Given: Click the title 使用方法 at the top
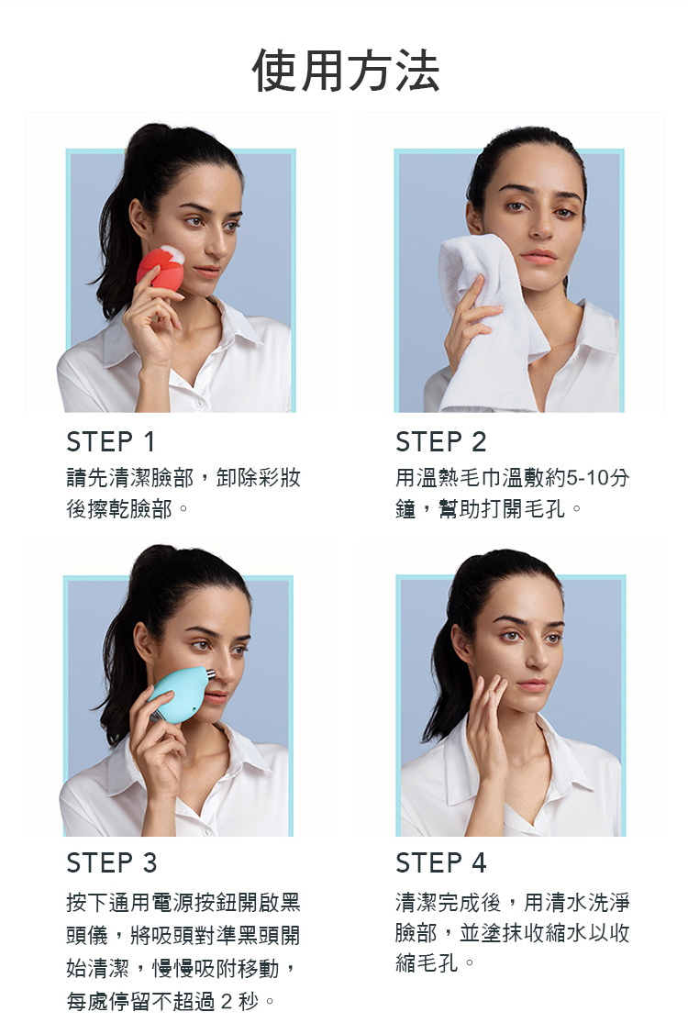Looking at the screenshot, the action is click(x=345, y=71).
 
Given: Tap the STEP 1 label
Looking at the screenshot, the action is click(x=111, y=442).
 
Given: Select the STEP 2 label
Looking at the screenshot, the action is click(x=440, y=442).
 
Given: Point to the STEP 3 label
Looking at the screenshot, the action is click(x=112, y=862).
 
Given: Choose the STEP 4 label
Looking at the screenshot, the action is click(x=440, y=862).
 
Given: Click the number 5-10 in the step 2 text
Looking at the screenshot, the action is click(x=588, y=477).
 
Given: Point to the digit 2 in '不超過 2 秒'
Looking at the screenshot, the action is click(x=227, y=1001).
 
